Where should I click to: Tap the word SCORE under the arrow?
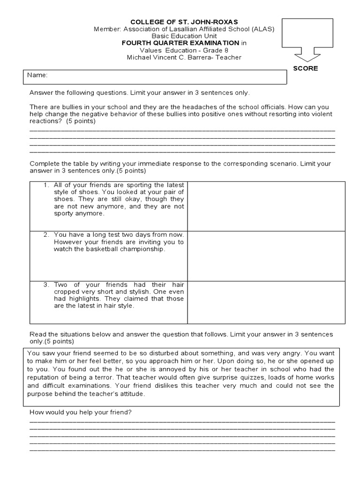pos(306,68)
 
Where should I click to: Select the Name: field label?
pos(37,75)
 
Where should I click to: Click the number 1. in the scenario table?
pos(46,185)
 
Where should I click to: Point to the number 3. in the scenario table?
pos(46,285)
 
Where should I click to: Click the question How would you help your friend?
pos(81,412)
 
